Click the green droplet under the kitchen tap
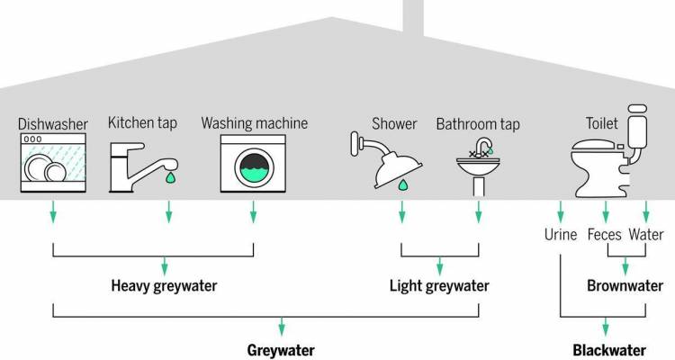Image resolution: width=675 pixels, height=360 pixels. coord(168,177)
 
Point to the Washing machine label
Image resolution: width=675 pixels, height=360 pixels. coord(255,122)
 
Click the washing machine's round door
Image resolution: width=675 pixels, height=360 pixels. coord(253,166)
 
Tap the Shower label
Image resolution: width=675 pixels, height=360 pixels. coord(394,122)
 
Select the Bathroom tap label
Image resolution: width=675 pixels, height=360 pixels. coord(478,122)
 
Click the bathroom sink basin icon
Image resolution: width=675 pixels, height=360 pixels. coord(477,167)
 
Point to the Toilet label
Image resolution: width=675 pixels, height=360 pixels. coord(602,122)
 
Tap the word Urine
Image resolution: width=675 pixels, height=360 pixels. coord(560,236)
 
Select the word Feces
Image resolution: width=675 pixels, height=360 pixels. coord(605,236)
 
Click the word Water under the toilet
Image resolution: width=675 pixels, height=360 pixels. coord(647,236)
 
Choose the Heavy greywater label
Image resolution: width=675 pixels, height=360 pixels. coord(165,286)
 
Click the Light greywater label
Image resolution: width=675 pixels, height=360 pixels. coord(439,286)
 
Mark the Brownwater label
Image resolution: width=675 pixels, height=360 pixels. coord(624,286)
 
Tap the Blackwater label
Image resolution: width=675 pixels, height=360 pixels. coord(610,349)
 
